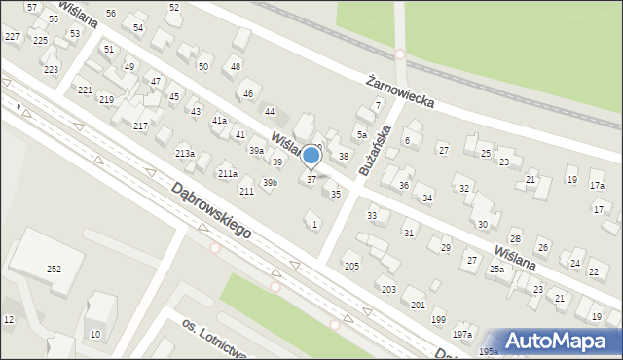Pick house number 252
[x=54, y=269]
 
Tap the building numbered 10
[x=94, y=335]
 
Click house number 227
[x=12, y=36]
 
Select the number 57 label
[x=33, y=7]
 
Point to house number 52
[x=174, y=7]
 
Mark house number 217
[x=141, y=126]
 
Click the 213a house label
[x=185, y=154]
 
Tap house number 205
[x=351, y=266]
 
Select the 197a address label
[x=461, y=335]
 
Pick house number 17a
[x=597, y=185]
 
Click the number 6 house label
[x=407, y=141]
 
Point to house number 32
[x=464, y=189]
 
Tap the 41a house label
[x=220, y=120]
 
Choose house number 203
[x=388, y=290]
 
